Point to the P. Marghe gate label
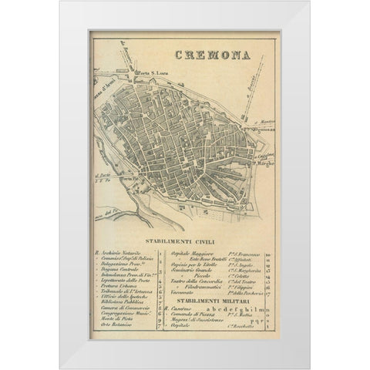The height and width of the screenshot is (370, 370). click(x=264, y=165)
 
